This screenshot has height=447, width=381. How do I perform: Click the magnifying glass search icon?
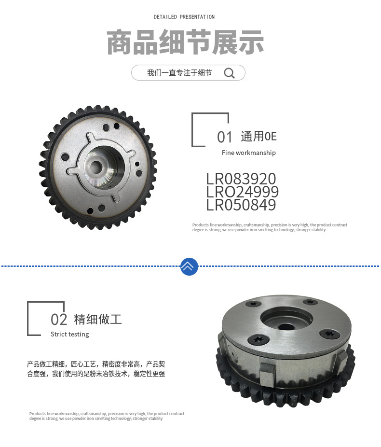[x=230, y=73]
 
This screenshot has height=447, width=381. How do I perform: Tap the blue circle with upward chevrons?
[x=189, y=266]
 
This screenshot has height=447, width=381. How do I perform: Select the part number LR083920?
[x=241, y=179]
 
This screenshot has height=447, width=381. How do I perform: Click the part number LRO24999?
[x=242, y=192]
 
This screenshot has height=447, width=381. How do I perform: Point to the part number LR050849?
[x=241, y=205]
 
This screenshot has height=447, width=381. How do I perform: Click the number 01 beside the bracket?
[x=225, y=137]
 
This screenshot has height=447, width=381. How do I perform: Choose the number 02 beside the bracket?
[x=59, y=320]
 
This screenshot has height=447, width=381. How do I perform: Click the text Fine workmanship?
[x=248, y=153]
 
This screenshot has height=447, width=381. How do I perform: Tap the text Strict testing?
[x=69, y=334]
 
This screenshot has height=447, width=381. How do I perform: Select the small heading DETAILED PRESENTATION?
[x=184, y=17]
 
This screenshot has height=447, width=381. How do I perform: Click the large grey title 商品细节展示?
[x=185, y=42]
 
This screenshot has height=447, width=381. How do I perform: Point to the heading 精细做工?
[x=98, y=319]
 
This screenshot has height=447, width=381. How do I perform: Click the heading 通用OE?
[x=259, y=137]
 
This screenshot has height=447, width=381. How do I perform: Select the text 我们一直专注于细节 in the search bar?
[x=179, y=73]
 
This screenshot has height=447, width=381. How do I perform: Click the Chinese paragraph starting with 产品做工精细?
[x=96, y=369]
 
